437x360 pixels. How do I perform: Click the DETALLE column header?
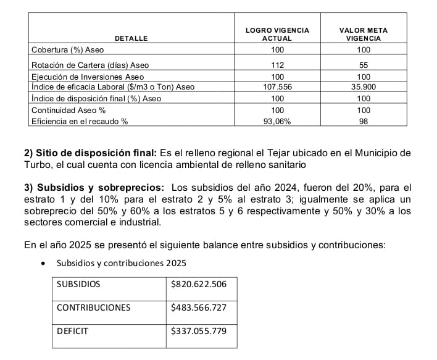132,38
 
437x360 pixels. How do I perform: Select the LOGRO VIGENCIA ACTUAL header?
277,34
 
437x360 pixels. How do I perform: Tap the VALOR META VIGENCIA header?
364,34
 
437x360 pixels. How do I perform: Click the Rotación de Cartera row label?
90,65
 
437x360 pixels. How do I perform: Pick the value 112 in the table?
277,65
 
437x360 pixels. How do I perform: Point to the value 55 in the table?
364,65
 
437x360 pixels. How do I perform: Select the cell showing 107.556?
277,87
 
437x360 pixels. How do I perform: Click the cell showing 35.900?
364,87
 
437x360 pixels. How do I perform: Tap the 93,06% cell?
277,122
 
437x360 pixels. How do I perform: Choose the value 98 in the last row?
364,122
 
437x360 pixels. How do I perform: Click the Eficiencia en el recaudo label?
80,122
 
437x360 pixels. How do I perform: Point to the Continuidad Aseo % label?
69,110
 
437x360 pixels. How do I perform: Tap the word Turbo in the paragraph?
37,164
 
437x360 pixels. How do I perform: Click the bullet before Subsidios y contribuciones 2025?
42,264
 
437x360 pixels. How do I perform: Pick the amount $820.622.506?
199,284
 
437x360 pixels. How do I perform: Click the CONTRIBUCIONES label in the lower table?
93,308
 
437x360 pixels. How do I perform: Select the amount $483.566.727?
199,308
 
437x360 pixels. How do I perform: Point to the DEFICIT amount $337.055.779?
199,331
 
